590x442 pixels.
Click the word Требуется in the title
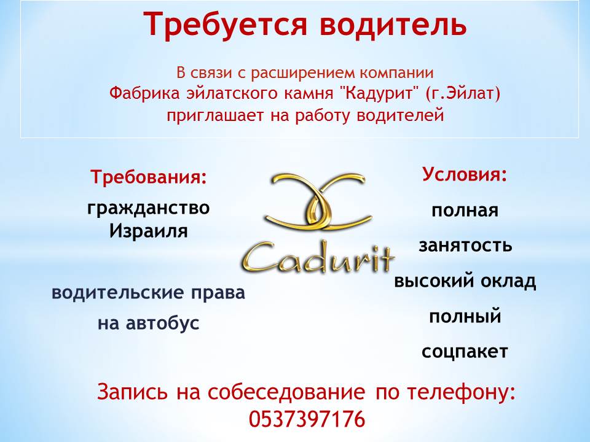pos(225,24)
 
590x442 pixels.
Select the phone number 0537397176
pos(307,419)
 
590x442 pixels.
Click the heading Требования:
pos(149,176)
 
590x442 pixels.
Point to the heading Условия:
pos(465,174)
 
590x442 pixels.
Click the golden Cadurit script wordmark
pos(317,257)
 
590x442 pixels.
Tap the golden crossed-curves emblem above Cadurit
pos(318,201)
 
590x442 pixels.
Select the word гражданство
pos(148,208)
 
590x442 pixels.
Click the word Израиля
pos(148,231)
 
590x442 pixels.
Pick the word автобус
pos(162,323)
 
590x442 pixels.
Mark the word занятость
pos(465,245)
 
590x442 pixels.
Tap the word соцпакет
pos(465,351)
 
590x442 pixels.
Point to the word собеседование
pos(286,392)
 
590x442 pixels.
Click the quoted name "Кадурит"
pos(380,93)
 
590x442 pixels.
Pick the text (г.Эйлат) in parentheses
pos(463,93)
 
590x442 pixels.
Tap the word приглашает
pos(216,115)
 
